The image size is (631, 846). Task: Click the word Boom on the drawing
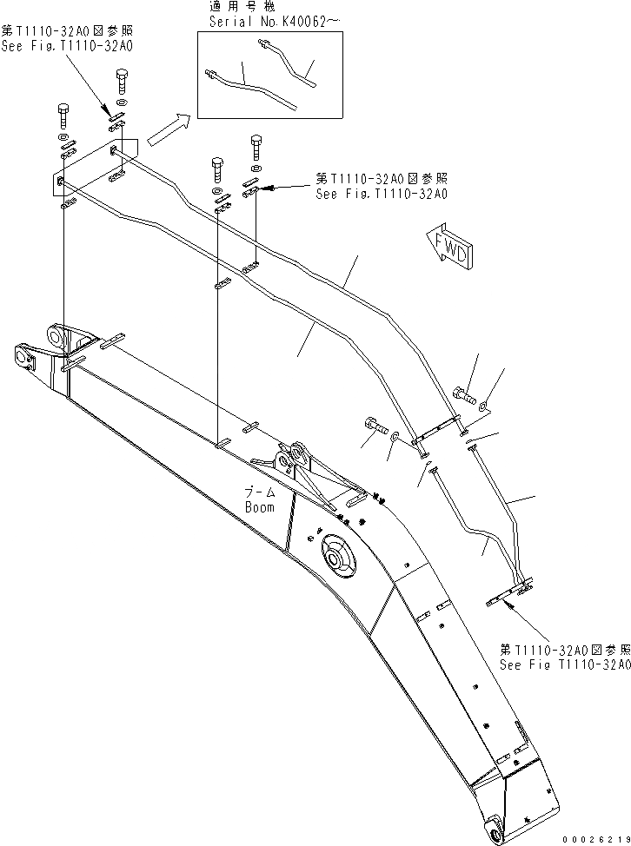pos(260,507)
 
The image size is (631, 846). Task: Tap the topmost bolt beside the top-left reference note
pos(122,84)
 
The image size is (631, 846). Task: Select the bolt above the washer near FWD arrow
pos(462,396)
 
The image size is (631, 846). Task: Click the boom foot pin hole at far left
pos(23,354)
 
